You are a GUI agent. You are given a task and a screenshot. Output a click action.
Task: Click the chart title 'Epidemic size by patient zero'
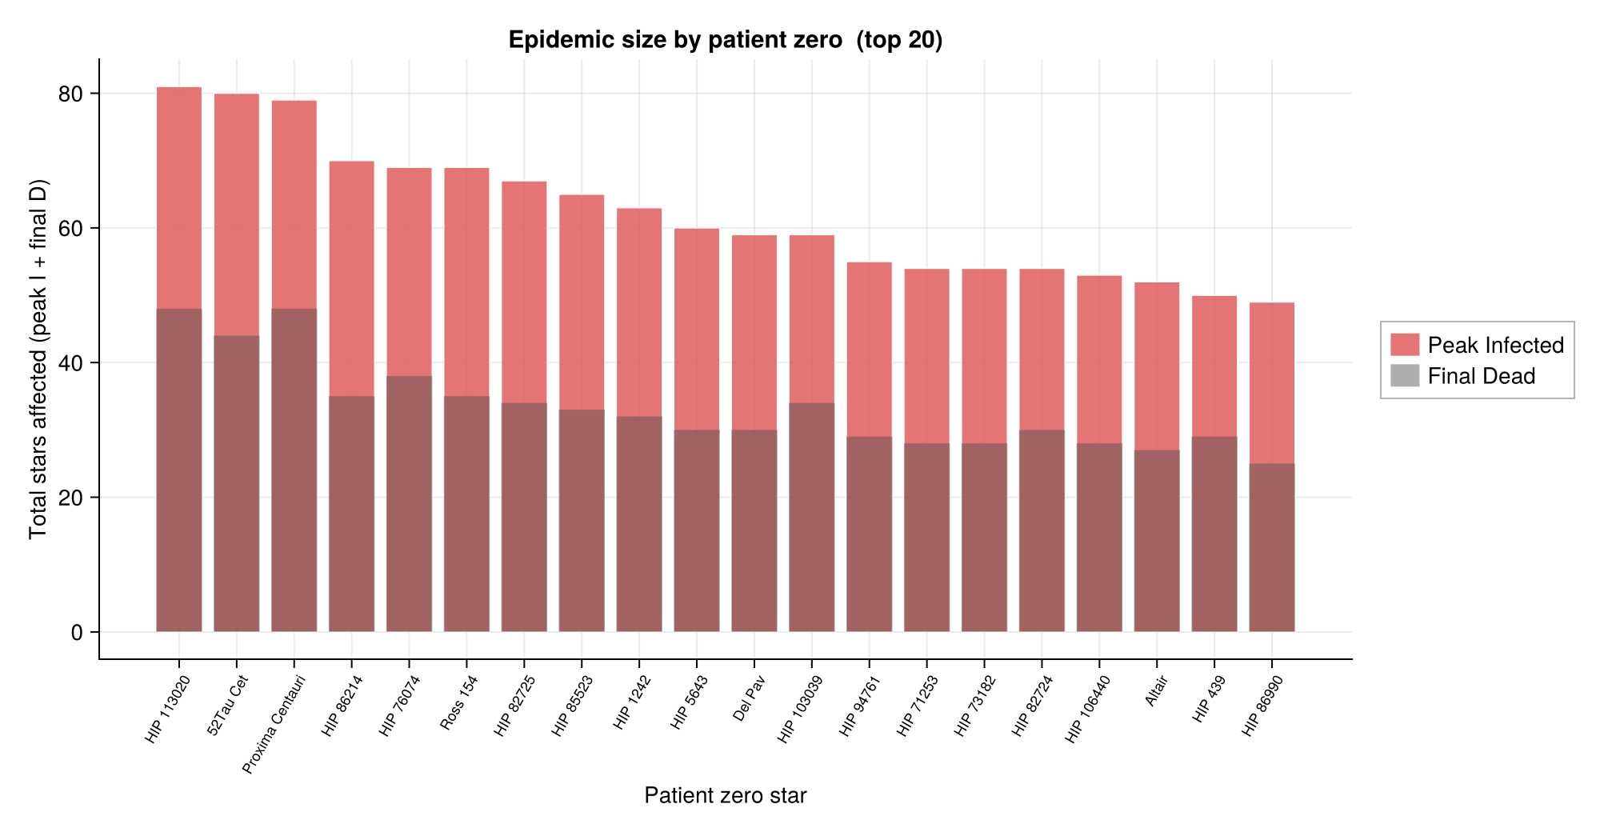(725, 40)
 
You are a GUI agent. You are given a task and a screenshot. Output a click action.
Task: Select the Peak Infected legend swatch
(1404, 345)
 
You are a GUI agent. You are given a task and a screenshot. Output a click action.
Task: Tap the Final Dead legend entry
(1481, 376)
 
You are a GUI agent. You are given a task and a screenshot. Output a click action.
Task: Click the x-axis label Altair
(1157, 691)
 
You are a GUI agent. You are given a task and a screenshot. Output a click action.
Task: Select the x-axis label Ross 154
(459, 703)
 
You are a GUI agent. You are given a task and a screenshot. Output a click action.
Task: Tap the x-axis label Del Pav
(750, 699)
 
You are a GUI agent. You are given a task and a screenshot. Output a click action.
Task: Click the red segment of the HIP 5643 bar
(696, 328)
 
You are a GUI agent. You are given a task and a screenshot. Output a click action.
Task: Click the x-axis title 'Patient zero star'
(725, 795)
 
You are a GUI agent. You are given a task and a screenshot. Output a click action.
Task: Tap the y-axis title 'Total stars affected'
(38, 360)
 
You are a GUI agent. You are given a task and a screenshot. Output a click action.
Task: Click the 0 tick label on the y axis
(77, 633)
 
